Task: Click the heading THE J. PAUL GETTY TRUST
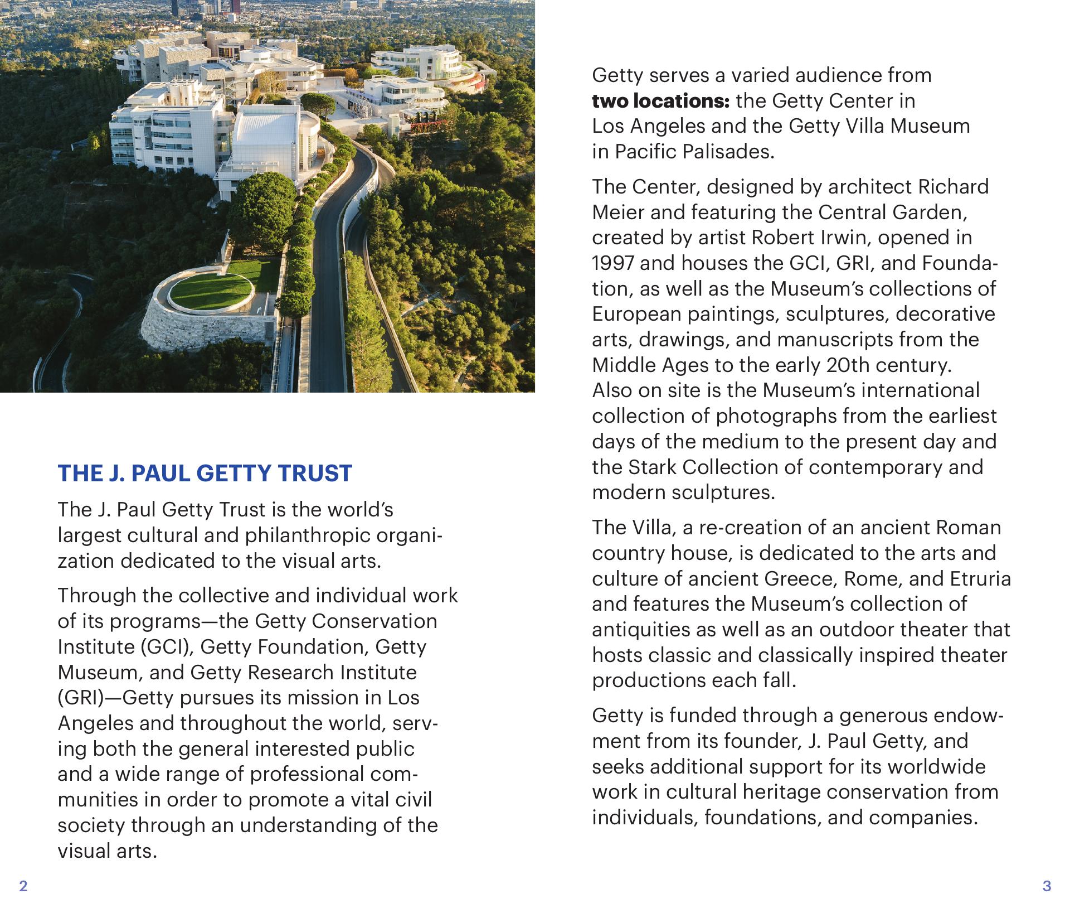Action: pos(205,474)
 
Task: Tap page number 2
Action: pos(23,886)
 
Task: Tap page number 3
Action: pos(1047,886)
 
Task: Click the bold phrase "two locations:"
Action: pos(660,101)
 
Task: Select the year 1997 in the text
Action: pos(613,263)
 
